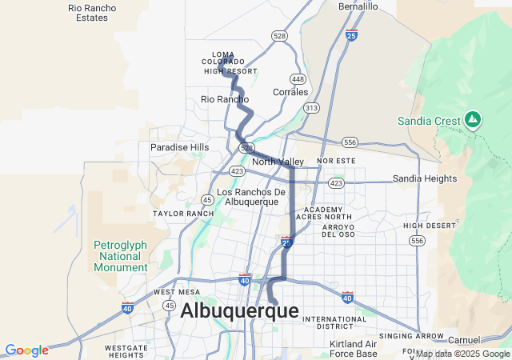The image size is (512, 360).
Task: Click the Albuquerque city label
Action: coord(239,311)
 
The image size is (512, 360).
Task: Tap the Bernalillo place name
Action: coord(358,6)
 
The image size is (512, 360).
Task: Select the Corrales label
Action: coord(290,92)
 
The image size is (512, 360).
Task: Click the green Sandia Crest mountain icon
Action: coord(473,120)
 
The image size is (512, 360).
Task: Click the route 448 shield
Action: coord(298,79)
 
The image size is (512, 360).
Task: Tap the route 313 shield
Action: coord(312,107)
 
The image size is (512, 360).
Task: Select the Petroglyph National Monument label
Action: coord(121,256)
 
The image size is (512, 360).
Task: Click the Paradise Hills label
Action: coord(179,147)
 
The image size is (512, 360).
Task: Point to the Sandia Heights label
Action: coord(424,178)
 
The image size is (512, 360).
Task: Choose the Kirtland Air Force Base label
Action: coord(353,349)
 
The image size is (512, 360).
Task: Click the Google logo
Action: coord(26,350)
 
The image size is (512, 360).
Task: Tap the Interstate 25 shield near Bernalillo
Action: coord(352,35)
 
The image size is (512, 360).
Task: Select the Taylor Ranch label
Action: coord(183,214)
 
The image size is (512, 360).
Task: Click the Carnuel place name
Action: coord(464,340)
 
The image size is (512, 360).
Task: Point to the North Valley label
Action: coord(278,162)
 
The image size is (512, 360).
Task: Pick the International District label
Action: coord(334,322)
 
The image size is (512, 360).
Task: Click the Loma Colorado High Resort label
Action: coord(229,62)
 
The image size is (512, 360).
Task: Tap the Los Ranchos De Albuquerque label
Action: coord(251,197)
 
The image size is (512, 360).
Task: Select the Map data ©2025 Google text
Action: coord(462,354)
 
